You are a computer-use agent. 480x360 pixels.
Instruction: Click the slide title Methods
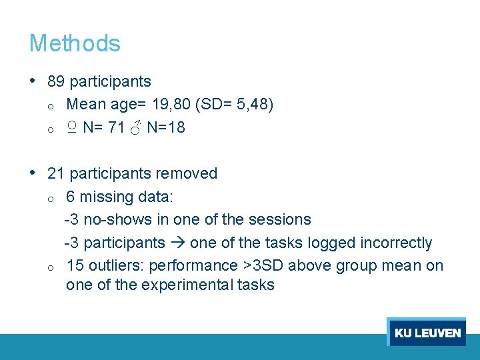[75, 43]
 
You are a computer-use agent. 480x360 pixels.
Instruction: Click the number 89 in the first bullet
[56, 82]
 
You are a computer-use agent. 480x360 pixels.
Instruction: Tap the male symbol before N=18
[136, 127]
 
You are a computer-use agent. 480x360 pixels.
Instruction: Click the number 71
[117, 127]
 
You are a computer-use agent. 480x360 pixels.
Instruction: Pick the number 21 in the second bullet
[56, 174]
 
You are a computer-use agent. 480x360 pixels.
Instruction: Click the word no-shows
[110, 219]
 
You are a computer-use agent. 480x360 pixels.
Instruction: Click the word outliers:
[113, 265]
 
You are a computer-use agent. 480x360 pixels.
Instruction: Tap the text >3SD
[265, 265]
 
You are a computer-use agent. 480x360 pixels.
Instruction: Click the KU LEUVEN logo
[427, 333]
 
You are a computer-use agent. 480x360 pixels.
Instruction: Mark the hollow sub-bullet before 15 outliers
[50, 267]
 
